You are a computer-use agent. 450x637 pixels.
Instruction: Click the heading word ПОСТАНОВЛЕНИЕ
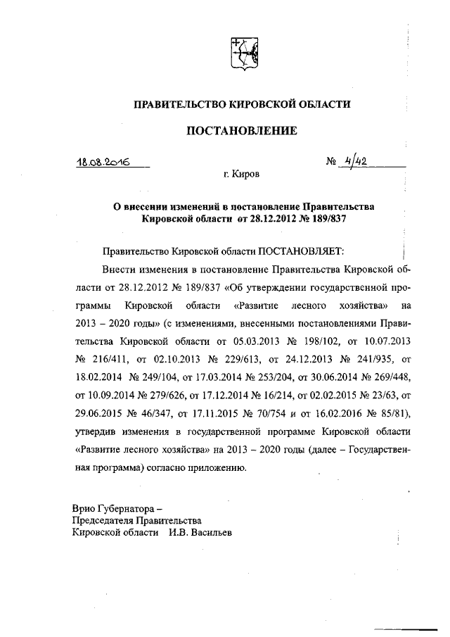click(x=242, y=130)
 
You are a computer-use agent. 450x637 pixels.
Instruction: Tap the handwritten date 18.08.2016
click(x=105, y=161)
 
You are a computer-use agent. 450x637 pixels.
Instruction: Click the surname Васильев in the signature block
click(x=210, y=532)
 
